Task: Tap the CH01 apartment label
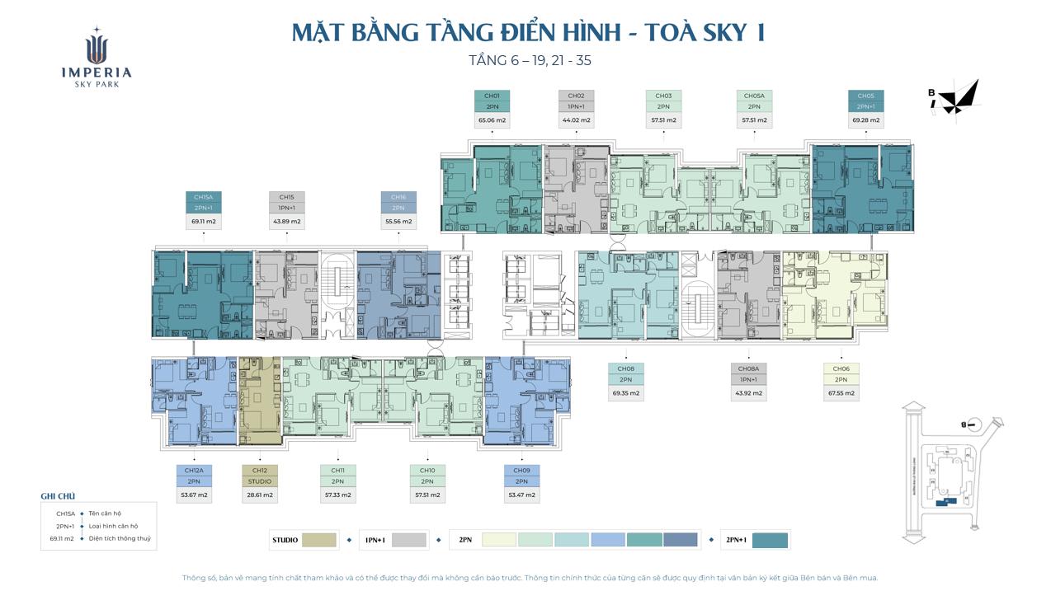(x=492, y=96)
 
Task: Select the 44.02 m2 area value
(x=576, y=120)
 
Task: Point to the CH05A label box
(x=753, y=96)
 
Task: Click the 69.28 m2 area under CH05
(x=865, y=120)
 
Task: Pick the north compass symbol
(x=957, y=99)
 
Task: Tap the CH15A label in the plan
(x=203, y=198)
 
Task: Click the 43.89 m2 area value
(x=286, y=222)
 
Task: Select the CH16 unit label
(x=398, y=198)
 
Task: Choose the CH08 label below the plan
(x=625, y=369)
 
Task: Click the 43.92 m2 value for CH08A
(x=748, y=393)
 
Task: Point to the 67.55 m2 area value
(x=841, y=393)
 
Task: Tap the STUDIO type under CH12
(x=259, y=481)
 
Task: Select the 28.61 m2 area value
(x=259, y=495)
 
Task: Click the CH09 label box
(x=521, y=471)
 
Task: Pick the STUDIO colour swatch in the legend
(x=319, y=540)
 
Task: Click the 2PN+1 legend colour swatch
(x=770, y=540)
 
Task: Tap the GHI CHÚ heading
(x=58, y=496)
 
